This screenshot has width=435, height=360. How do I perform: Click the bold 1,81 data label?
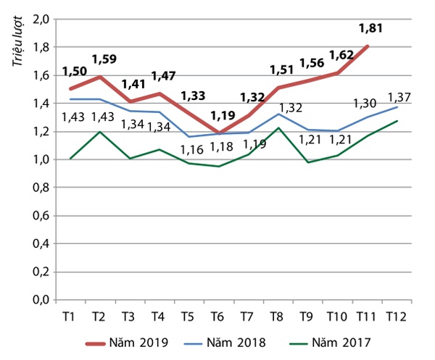(x=370, y=30)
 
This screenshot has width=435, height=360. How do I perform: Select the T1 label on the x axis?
(x=70, y=316)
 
